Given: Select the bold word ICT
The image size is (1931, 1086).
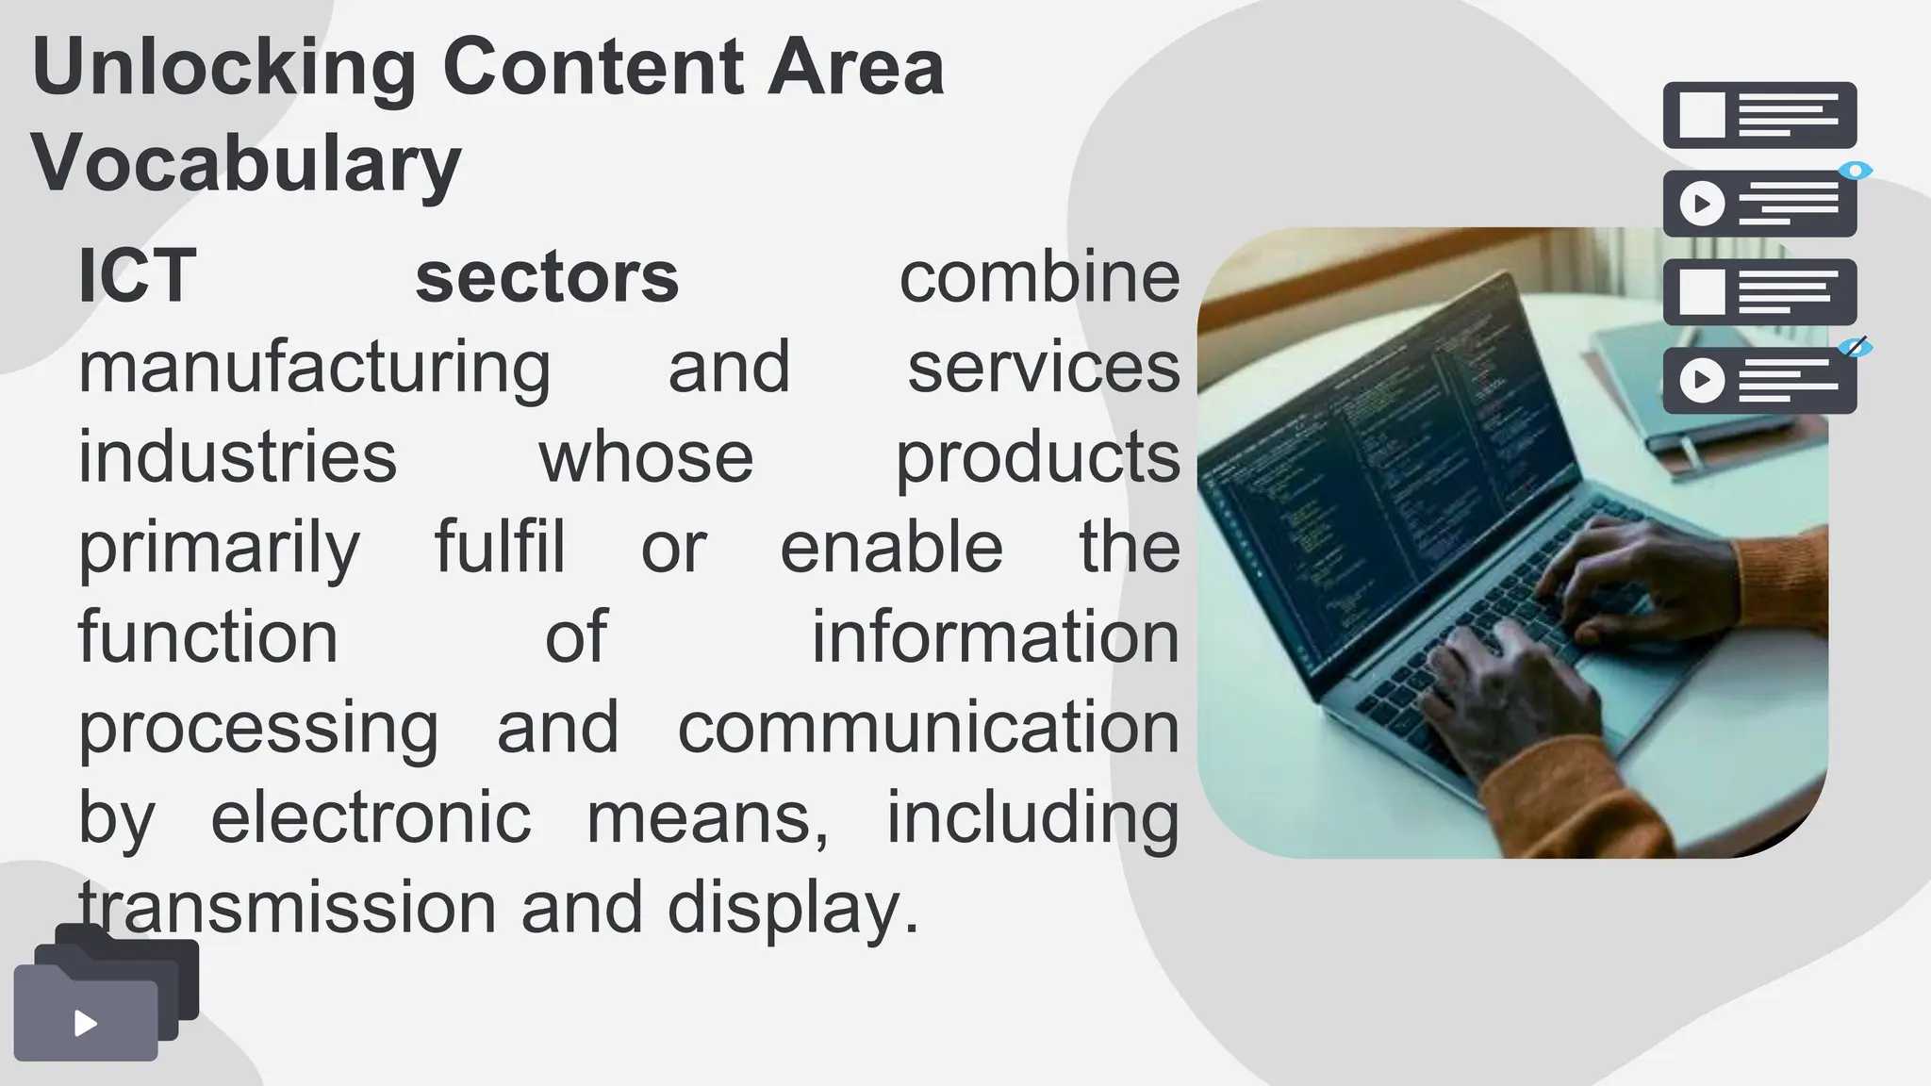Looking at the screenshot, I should tap(138, 277).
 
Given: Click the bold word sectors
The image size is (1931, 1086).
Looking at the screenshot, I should tap(547, 277).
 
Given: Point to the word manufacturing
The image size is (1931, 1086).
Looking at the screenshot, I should tap(314, 368).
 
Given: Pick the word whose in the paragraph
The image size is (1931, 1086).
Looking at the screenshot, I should tap(646, 457).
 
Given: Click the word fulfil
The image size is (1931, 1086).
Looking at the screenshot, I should tap(500, 547).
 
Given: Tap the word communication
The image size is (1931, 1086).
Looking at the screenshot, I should tap(929, 728).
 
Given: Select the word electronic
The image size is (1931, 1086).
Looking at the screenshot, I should tap(371, 817).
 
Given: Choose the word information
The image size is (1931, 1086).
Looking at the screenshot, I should tap(996, 637).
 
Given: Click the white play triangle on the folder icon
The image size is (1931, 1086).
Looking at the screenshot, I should tap(86, 1024).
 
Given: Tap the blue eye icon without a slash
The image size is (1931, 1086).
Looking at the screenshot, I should tap(1856, 171).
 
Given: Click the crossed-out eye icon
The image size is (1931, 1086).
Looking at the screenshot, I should tap(1856, 347).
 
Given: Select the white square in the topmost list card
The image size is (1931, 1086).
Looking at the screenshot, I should tap(1703, 115).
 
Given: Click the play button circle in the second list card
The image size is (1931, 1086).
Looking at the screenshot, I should tap(1703, 204).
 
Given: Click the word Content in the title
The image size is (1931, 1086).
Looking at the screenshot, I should tap(592, 68).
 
